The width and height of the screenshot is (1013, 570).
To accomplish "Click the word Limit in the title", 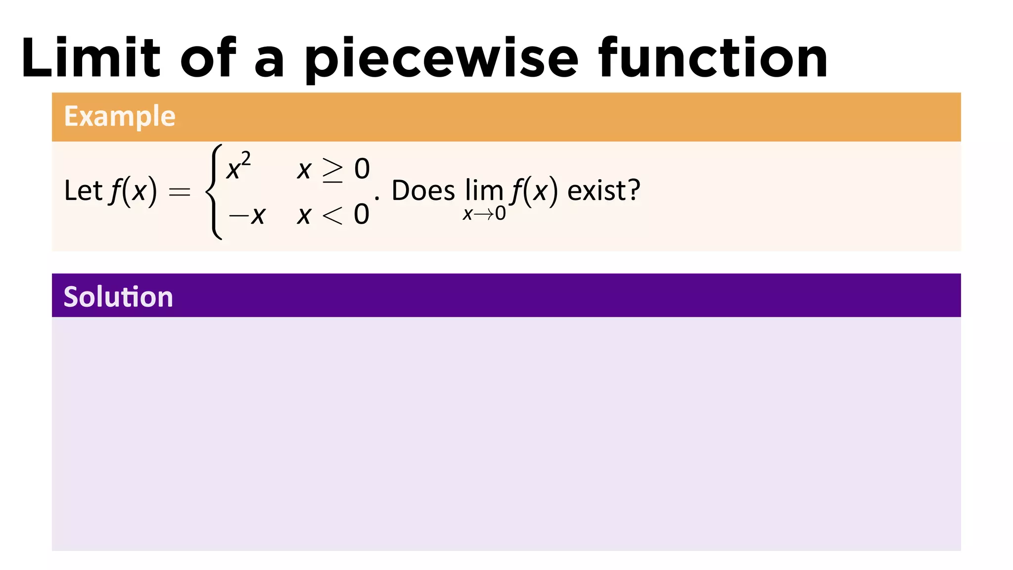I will [x=91, y=58].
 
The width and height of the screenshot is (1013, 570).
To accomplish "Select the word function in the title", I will [x=713, y=58].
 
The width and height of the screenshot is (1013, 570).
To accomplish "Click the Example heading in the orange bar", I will [x=120, y=116].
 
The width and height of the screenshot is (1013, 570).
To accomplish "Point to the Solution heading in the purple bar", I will [x=118, y=297].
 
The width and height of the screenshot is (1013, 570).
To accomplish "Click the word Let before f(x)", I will [x=83, y=190].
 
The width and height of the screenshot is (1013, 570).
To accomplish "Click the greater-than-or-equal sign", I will [x=332, y=170].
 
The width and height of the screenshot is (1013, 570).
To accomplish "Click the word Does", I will [x=423, y=190].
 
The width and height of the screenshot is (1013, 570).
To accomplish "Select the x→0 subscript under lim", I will [x=484, y=214].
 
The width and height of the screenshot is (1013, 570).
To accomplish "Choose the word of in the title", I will [x=208, y=58].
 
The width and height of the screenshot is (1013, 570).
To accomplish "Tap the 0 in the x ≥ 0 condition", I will [x=362, y=169].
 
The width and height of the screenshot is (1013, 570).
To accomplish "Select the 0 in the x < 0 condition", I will [x=362, y=215].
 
